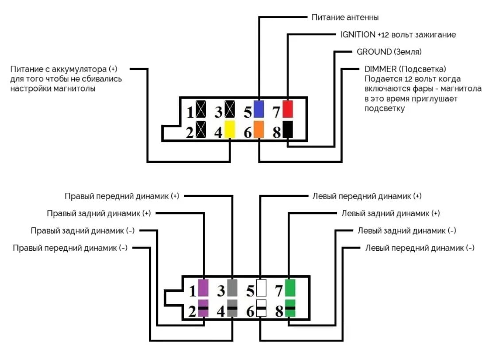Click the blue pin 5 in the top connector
[259, 109]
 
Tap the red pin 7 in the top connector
[288, 109]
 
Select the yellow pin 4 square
[230, 129]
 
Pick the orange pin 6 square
[259, 129]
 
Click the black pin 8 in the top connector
[288, 129]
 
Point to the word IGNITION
[358, 34]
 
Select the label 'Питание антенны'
[345, 18]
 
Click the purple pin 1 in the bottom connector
[203, 287]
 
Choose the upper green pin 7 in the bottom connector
[290, 287]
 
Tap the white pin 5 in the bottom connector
[261, 287]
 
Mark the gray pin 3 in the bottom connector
[232, 287]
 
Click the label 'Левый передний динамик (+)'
[367, 195]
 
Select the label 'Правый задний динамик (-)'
[83, 231]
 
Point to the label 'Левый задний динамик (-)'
[407, 231]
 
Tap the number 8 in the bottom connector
[279, 311]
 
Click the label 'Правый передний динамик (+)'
[122, 196]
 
